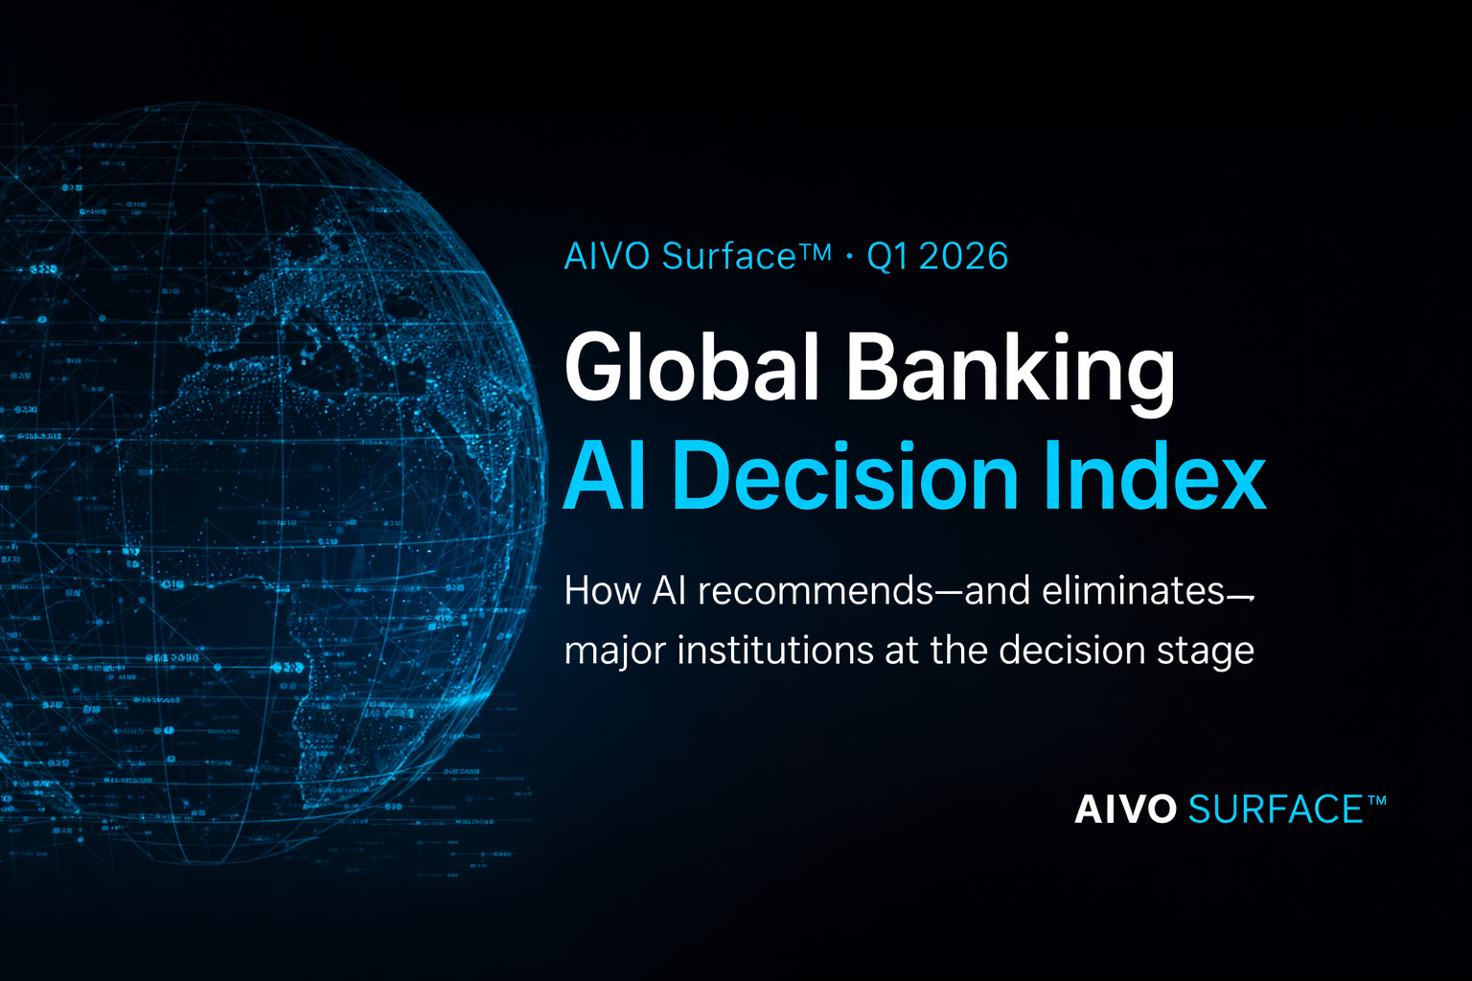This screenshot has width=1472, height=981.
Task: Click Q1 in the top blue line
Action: click(886, 257)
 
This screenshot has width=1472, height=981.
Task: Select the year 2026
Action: click(963, 257)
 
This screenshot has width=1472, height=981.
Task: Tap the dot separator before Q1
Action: click(849, 257)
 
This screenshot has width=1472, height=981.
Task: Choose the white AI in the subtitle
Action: click(669, 591)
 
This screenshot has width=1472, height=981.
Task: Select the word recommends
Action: click(816, 591)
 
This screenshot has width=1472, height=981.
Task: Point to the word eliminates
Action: click(1134, 591)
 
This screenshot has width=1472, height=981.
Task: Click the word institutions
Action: click(772, 650)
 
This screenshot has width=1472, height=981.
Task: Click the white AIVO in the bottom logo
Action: click(1125, 810)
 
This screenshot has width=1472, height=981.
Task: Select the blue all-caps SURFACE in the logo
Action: click(1275, 810)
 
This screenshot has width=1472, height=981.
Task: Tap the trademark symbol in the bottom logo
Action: click(1376, 801)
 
